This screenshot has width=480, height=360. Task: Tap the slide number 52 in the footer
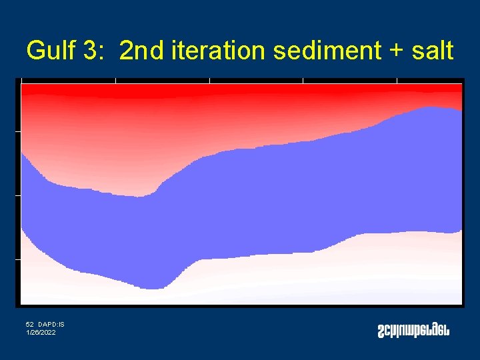30,325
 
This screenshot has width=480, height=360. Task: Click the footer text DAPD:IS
51,325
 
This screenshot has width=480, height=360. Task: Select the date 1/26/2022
41,332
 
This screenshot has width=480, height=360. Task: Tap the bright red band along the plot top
240,87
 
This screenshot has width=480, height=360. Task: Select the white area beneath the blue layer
300,280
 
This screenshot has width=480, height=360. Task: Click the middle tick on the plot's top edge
209,80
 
